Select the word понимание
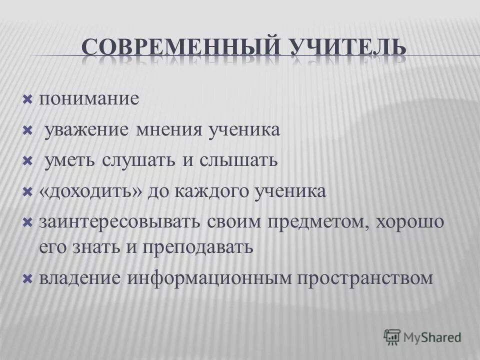tap(88, 98)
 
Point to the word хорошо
tap(408, 222)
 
